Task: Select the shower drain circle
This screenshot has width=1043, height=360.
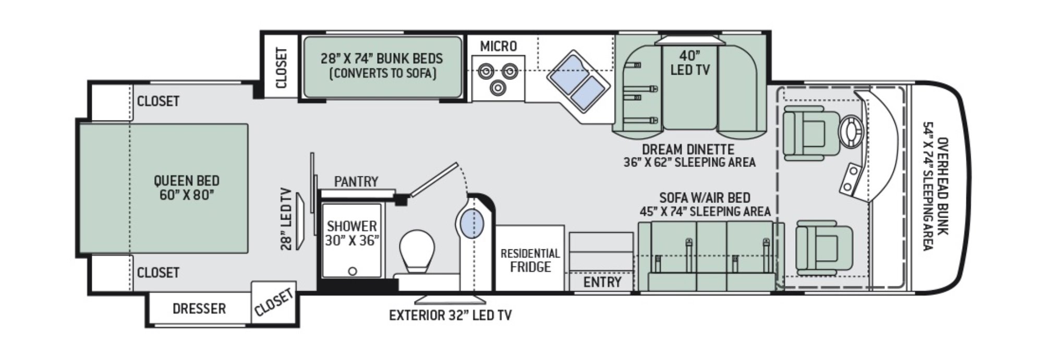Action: [353, 271]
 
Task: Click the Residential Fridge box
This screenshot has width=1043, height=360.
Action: [530, 259]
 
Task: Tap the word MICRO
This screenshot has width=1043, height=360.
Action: [498, 46]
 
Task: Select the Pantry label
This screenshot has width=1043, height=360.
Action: [356, 182]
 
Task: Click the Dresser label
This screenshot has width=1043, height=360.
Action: [199, 309]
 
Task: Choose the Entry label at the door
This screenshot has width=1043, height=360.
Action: [602, 282]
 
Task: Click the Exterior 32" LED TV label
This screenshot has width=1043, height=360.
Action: [451, 315]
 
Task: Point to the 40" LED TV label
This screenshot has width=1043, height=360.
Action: [689, 63]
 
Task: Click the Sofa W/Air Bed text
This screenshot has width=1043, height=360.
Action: [705, 198]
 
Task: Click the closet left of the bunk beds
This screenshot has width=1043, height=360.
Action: [281, 68]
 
